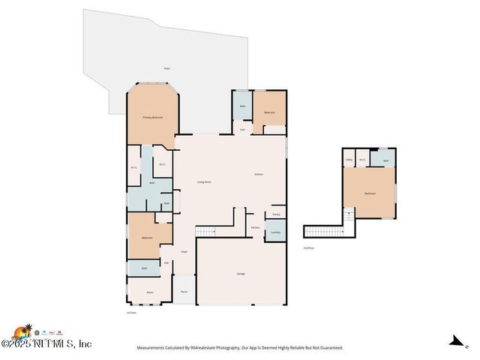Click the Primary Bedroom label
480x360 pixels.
[153, 118]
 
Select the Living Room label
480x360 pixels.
[204, 182]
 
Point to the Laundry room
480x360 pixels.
[275, 232]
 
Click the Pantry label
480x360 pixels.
[276, 214]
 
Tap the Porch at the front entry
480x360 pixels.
[184, 291]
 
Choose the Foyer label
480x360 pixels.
[184, 252]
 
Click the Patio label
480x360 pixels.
[166, 68]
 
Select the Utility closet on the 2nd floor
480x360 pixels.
[349, 160]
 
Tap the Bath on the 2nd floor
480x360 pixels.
[385, 160]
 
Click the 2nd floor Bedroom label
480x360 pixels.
[370, 193]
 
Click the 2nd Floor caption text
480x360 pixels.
[308, 247]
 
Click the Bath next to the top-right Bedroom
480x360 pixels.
[242, 106]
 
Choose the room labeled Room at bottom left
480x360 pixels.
[150, 292]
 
